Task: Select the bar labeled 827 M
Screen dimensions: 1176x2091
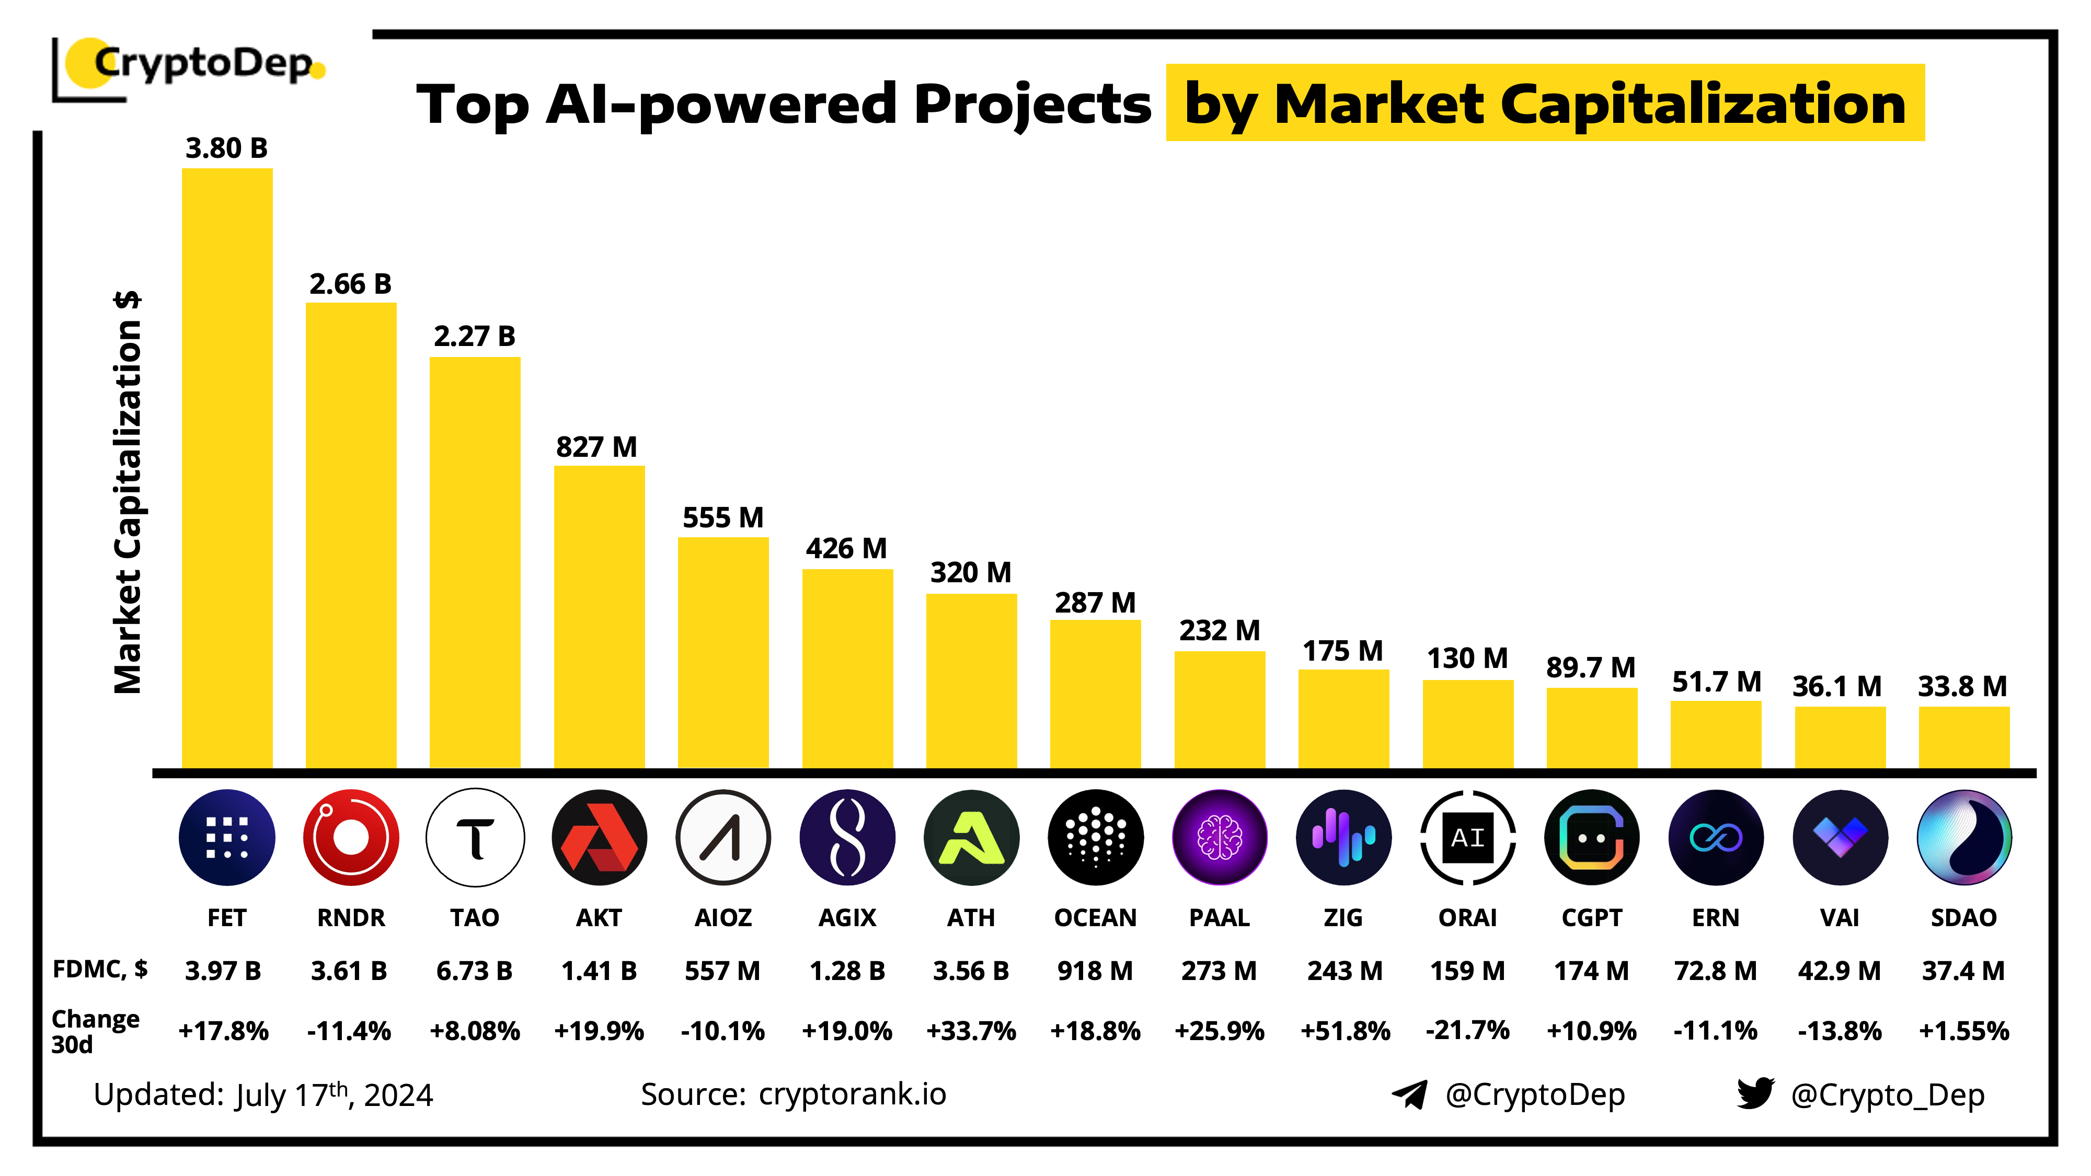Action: (x=599, y=617)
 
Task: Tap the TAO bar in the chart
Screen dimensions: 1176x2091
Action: (x=475, y=562)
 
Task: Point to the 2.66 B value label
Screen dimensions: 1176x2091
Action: (x=351, y=284)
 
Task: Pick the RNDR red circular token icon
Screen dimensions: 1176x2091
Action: (x=351, y=837)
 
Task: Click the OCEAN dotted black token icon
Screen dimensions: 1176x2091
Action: (x=1095, y=837)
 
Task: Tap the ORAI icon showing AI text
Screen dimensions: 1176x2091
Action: (x=1467, y=837)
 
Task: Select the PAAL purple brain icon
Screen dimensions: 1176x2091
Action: (x=1219, y=837)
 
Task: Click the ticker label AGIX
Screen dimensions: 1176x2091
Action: (x=847, y=918)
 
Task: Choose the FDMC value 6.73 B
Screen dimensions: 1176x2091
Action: (x=474, y=971)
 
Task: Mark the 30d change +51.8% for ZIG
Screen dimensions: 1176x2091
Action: (x=1344, y=1031)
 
